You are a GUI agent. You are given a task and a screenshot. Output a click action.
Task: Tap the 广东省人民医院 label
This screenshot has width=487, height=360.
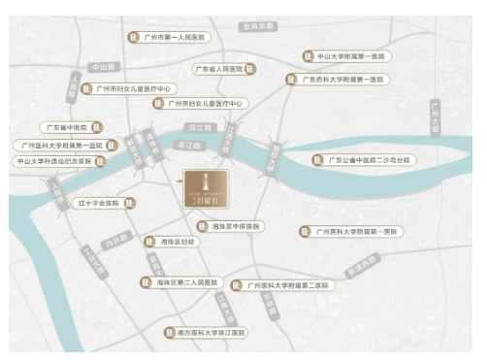click(x=218, y=69)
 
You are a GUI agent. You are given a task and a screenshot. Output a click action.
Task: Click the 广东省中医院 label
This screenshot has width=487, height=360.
click(x=67, y=127)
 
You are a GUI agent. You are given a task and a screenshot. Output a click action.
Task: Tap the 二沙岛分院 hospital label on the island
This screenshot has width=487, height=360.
click(x=369, y=159)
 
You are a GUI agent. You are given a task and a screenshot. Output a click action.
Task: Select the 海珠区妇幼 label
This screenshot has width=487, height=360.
click(x=177, y=241)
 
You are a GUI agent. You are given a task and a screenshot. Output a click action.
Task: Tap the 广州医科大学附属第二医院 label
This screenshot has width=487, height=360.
click(x=287, y=285)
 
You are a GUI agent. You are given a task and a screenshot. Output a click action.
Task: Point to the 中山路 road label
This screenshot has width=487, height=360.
click(x=101, y=67)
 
